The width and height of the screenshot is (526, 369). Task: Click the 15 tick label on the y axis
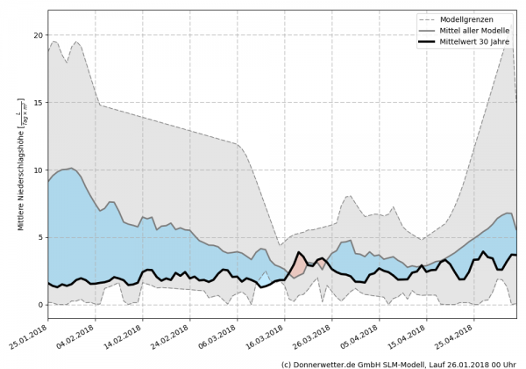pos(39,103)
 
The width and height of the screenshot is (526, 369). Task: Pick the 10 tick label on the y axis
pos(39,170)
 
